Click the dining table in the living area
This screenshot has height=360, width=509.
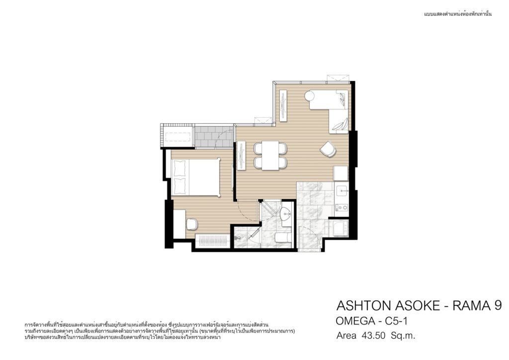[270, 155]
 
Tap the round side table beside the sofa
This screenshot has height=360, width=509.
[309, 96]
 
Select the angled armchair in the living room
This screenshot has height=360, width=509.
[328, 149]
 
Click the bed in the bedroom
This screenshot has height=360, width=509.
[195, 177]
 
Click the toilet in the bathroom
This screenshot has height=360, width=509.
[283, 237]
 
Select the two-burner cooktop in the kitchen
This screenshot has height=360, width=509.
[341, 207]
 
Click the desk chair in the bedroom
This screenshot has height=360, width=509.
[191, 224]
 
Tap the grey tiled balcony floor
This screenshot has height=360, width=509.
[213, 137]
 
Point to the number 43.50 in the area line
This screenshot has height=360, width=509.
[373, 335]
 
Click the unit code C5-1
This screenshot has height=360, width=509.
[396, 321]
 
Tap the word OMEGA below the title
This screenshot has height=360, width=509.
[355, 321]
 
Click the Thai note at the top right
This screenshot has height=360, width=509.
[458, 14]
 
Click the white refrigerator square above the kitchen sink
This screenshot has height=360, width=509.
[340, 174]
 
